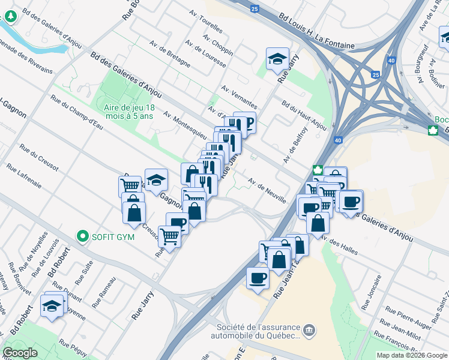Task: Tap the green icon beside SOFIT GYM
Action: click(83, 236)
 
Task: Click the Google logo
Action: click(20, 353)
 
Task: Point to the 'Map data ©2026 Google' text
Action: click(411, 355)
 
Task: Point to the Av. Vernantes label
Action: click(239, 96)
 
